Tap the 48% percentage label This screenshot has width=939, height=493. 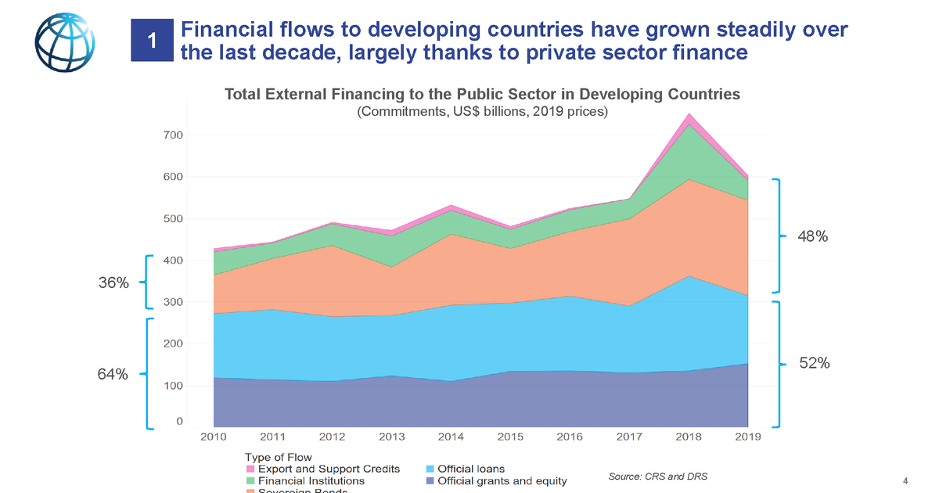tap(813, 236)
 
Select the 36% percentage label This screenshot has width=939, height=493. tap(113, 282)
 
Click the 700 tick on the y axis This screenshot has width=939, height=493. tap(173, 135)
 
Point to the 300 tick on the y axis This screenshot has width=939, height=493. tap(173, 302)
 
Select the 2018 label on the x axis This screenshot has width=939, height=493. tap(688, 436)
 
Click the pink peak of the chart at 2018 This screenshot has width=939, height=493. tap(689, 117)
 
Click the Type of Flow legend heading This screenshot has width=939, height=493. tap(278, 457)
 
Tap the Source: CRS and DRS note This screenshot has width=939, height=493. tap(657, 477)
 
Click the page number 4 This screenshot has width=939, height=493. tap(905, 480)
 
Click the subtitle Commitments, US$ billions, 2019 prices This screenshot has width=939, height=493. tap(482, 112)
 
